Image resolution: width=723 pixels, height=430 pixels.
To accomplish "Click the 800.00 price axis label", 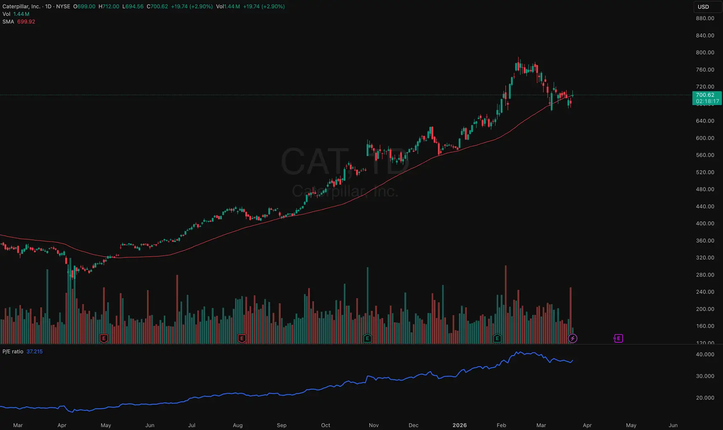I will pos(705,52).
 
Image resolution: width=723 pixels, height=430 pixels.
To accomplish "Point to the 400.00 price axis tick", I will pos(705,223).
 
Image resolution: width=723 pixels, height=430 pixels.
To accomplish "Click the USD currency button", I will pos(703,7).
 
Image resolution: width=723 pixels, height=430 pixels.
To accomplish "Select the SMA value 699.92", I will pos(26,21).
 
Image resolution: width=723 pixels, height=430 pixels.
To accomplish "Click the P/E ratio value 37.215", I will pos(34,351).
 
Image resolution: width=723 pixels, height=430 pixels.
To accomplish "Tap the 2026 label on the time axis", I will pos(459,425).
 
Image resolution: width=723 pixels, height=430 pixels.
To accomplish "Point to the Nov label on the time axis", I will pos(374,425).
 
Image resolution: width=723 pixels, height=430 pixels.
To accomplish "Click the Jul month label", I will pos(192,425).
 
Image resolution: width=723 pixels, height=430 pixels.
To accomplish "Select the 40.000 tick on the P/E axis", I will pos(705,354).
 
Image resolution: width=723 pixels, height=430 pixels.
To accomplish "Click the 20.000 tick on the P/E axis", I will pos(705,398).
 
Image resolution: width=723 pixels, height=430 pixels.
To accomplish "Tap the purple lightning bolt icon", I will pos(572,338).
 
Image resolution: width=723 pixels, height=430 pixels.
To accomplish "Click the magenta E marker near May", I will pos(618,338).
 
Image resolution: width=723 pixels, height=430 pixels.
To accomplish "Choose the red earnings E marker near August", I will pos(241,338).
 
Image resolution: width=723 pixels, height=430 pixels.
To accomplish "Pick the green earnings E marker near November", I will pos(367,338).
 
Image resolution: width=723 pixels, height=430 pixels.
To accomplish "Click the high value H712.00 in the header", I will pos(109,6).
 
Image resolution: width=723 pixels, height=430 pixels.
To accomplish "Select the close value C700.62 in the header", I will pos(157,6).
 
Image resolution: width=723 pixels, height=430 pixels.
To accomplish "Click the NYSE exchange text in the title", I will pos(63,6).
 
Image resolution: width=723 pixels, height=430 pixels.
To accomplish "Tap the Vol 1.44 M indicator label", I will pos(16,14).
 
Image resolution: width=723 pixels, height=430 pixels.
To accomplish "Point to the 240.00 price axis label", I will pos(705,292).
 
